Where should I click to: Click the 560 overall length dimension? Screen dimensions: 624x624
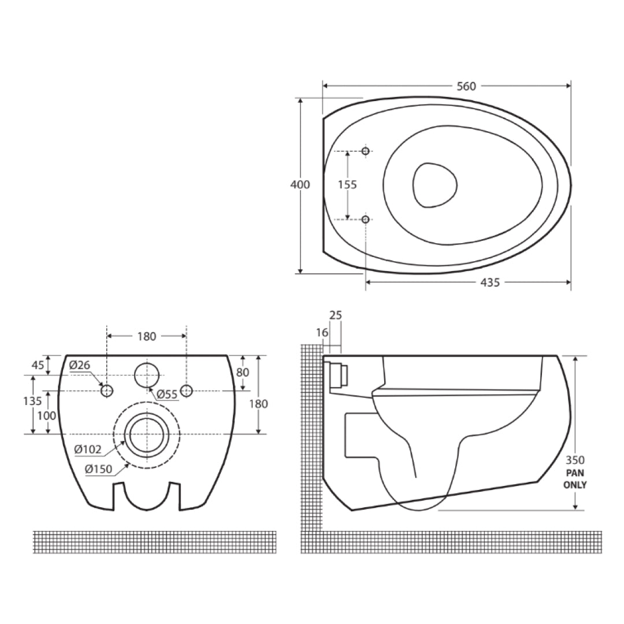(466, 86)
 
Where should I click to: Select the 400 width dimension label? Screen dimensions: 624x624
(300, 185)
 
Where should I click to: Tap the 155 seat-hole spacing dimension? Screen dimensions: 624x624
(347, 185)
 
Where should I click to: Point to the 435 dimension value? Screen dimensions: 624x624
(490, 282)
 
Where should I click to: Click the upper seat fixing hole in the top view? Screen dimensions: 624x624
(365, 151)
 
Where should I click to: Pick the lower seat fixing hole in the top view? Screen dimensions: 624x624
(365, 219)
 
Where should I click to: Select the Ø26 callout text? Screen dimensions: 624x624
(80, 365)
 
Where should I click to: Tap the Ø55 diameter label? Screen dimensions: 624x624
(167, 395)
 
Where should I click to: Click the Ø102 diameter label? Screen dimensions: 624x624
(88, 449)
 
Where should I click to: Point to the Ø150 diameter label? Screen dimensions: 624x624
(98, 469)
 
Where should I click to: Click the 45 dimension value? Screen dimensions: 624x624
(38, 365)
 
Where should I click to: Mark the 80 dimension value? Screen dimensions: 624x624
(243, 373)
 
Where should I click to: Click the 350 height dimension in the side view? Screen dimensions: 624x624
(575, 460)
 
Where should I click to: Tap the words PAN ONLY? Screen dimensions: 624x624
(575, 479)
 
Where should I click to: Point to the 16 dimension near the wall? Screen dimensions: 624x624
(322, 332)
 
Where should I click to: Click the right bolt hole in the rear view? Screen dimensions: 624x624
(186, 391)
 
